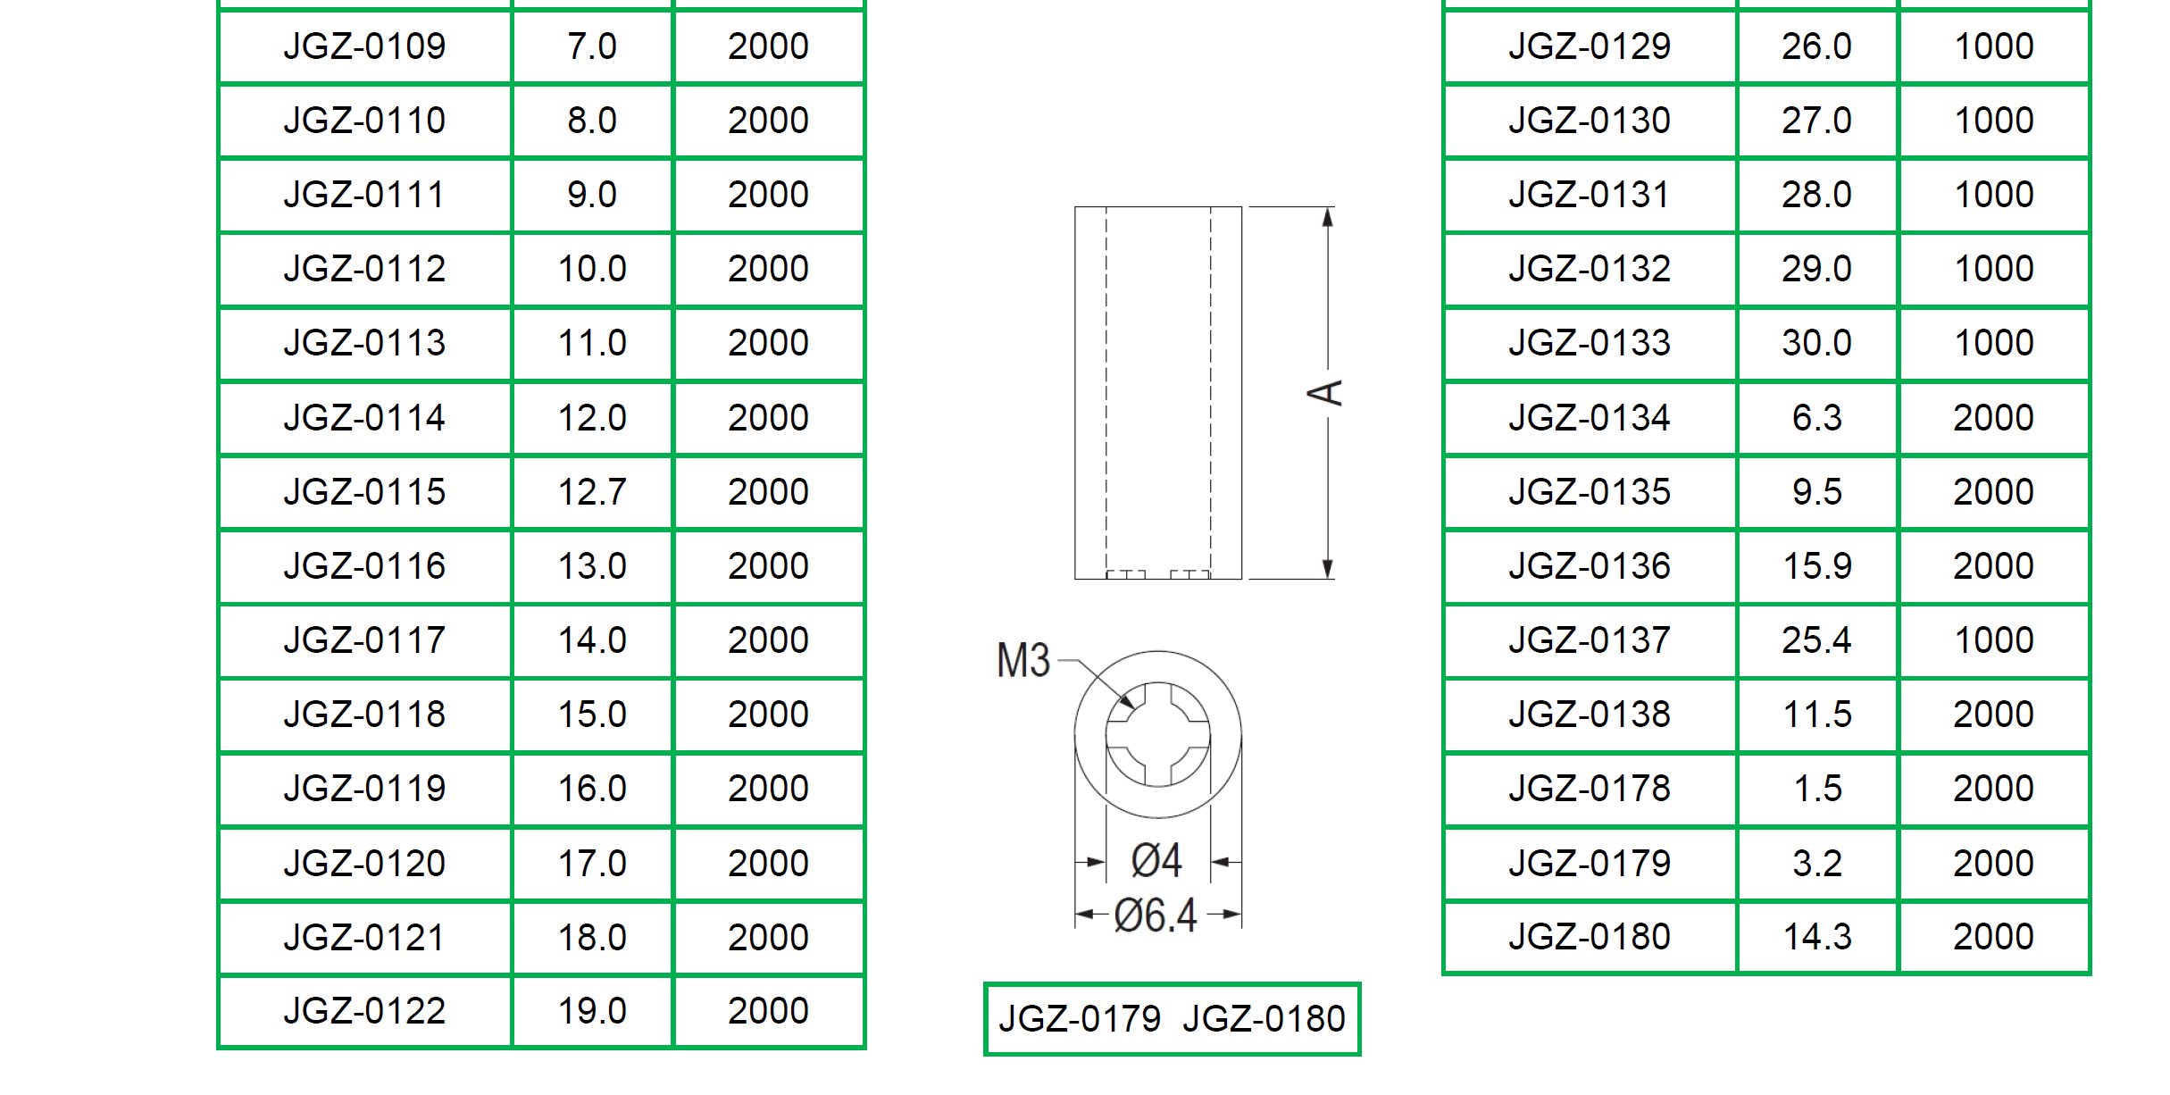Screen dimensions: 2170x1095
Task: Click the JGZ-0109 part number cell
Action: point(364,46)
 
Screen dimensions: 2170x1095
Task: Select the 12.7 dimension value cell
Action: point(592,492)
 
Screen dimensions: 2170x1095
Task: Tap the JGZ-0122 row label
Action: point(364,1011)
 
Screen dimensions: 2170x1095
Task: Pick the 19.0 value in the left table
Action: point(592,1011)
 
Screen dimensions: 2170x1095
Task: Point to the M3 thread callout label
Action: point(1023,661)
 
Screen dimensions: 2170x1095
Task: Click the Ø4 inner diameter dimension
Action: point(1156,860)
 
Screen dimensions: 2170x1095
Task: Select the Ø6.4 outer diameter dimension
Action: point(1156,915)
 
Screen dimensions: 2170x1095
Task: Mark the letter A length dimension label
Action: point(1325,393)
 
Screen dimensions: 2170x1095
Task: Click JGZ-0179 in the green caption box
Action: point(1080,1019)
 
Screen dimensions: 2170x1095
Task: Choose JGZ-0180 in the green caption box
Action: point(1264,1019)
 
